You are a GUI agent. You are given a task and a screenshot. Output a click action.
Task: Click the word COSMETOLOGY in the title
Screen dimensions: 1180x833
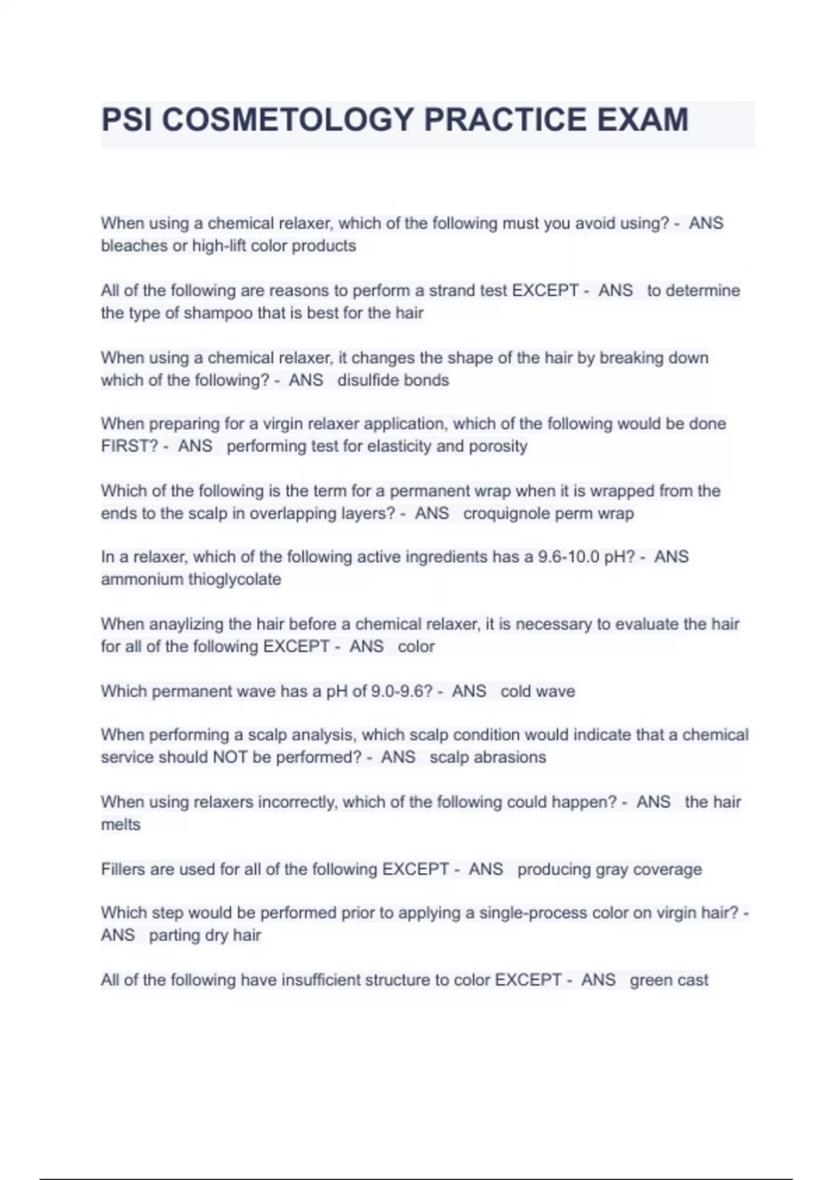pyautogui.click(x=287, y=120)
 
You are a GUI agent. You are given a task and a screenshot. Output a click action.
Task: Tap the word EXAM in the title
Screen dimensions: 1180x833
pyautogui.click(x=643, y=120)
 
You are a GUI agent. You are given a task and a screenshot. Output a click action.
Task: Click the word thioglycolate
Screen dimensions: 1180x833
pyautogui.click(x=235, y=580)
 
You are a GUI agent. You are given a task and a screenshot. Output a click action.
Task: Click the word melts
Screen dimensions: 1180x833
pyautogui.click(x=121, y=825)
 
